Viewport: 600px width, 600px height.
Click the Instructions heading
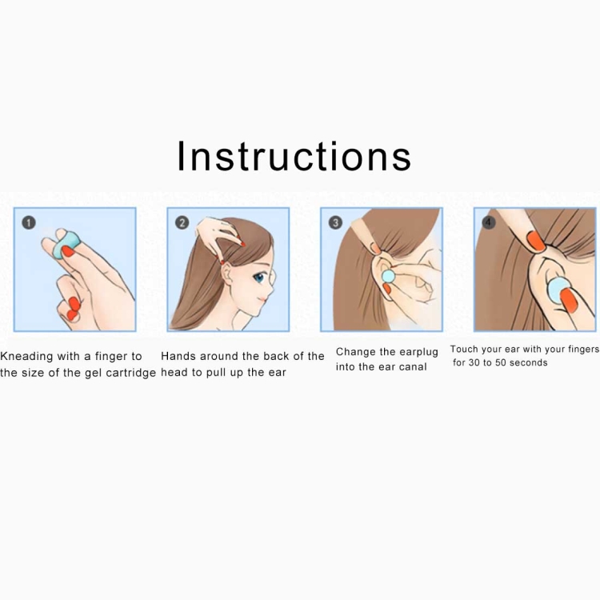(x=294, y=156)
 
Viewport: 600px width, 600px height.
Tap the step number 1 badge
(x=29, y=222)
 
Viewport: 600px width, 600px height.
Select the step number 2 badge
(x=182, y=222)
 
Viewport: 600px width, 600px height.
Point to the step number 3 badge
(x=335, y=222)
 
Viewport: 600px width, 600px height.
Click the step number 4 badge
(x=488, y=222)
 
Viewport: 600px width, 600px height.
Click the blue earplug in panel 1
(x=66, y=245)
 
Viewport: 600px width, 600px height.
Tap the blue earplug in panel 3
(x=388, y=276)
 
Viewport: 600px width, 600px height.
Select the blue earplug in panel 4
(x=558, y=291)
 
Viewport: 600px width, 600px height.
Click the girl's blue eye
(x=259, y=278)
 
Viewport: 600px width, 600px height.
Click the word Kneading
(x=26, y=357)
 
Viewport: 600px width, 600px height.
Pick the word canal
(x=413, y=367)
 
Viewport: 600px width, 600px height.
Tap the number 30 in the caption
(x=474, y=362)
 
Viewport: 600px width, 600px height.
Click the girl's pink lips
(x=262, y=300)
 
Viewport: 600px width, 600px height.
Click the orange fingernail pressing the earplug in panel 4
(x=570, y=300)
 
